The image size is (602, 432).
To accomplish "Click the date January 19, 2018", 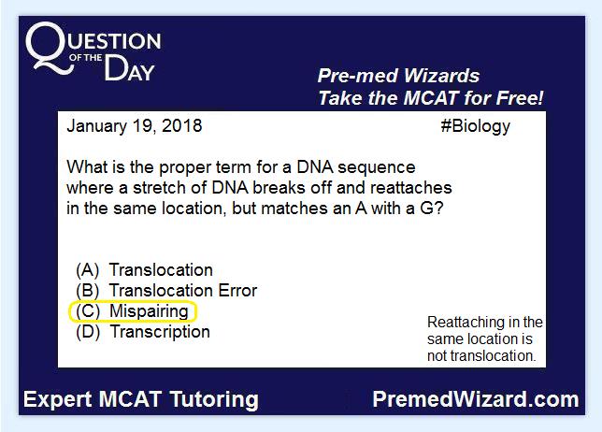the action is (x=135, y=126).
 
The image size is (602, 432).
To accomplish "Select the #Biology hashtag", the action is (x=475, y=127).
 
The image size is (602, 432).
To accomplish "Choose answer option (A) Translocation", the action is (x=144, y=270).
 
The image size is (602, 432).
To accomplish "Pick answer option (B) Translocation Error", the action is (x=166, y=291).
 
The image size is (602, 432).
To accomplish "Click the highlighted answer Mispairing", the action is (x=149, y=311).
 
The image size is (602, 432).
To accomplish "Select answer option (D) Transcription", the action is (x=143, y=332).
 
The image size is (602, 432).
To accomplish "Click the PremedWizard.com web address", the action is (x=476, y=399).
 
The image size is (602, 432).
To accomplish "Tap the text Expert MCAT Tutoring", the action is (x=141, y=400).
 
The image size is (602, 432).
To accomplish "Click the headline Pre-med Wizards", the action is (x=398, y=76).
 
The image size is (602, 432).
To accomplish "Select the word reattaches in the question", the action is (x=410, y=188).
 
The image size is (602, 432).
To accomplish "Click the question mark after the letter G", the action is (x=438, y=209).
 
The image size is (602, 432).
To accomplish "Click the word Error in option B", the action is (x=237, y=291).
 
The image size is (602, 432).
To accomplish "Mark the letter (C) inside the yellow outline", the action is (x=88, y=311).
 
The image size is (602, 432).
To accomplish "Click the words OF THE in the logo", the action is (x=86, y=58).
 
